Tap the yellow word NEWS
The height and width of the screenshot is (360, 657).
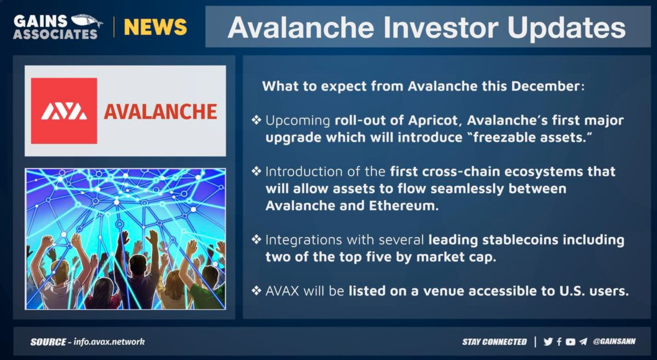coord(155,27)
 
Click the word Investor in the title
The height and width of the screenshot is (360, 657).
coord(440,28)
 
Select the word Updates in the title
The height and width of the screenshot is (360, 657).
coord(566,28)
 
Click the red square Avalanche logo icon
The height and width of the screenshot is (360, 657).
coord(64,111)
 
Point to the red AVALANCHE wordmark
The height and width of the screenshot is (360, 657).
coord(161,112)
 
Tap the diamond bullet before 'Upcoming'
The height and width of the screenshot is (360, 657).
coord(256,120)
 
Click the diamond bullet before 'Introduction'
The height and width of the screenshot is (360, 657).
coord(256,171)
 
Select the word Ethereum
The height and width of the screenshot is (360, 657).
coord(403,206)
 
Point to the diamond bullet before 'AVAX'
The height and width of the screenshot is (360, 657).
coord(256,291)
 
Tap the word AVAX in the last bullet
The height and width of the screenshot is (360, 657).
coord(282,291)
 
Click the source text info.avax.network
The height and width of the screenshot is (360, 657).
coord(109,342)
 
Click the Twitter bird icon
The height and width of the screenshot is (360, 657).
coord(548,342)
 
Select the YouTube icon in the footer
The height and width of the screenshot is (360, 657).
coord(570,342)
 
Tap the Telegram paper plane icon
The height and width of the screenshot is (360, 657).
coord(583,342)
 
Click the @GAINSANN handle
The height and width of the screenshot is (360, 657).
coord(614,342)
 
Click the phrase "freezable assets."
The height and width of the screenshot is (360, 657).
coord(532,137)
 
